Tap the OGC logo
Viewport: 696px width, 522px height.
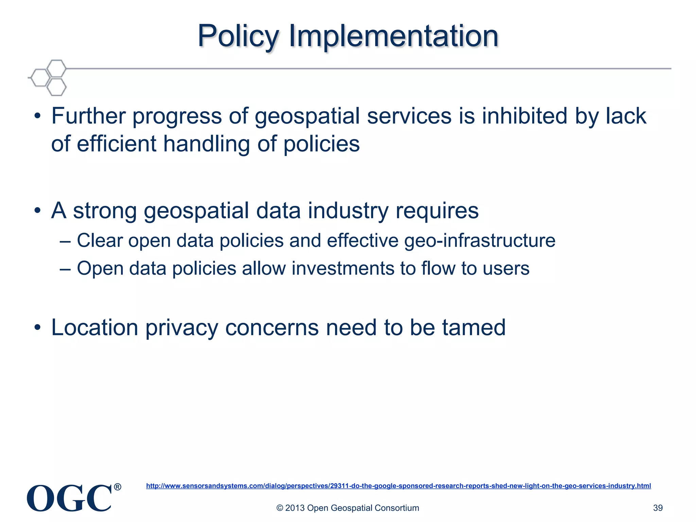(x=69, y=498)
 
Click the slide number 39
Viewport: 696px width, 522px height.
(x=658, y=508)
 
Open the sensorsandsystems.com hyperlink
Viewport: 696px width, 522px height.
(x=398, y=486)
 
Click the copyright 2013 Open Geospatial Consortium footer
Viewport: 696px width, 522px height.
(x=348, y=508)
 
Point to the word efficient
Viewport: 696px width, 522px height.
(x=117, y=144)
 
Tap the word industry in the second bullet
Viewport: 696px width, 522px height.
(x=348, y=211)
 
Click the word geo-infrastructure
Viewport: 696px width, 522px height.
(x=480, y=241)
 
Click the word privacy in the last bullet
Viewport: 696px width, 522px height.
(x=181, y=328)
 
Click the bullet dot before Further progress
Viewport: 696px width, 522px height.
(x=38, y=117)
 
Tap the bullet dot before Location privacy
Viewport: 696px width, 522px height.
(x=38, y=328)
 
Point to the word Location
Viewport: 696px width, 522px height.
(x=94, y=328)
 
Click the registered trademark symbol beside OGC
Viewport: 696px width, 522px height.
(x=117, y=487)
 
